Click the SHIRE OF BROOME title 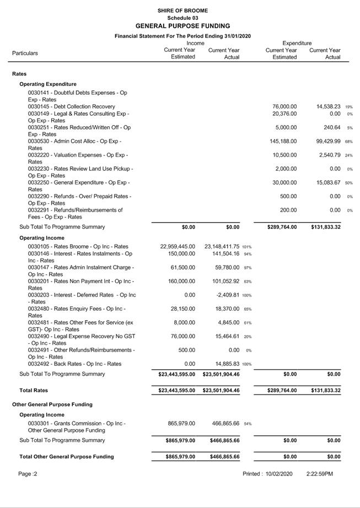click(x=182, y=10)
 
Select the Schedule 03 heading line click(x=182, y=18)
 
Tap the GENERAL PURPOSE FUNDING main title click(x=182, y=26)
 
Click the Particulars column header click(x=25, y=53)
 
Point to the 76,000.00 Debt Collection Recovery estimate click(x=284, y=106)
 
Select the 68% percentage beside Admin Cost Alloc click(x=350, y=142)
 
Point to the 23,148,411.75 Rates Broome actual click(x=222, y=247)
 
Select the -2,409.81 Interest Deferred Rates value click(x=227, y=295)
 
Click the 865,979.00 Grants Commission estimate click(x=181, y=424)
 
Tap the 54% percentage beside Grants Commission click(x=248, y=424)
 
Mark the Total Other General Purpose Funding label click(x=66, y=457)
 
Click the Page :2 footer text click(x=28, y=474)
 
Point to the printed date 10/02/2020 click(x=283, y=474)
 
